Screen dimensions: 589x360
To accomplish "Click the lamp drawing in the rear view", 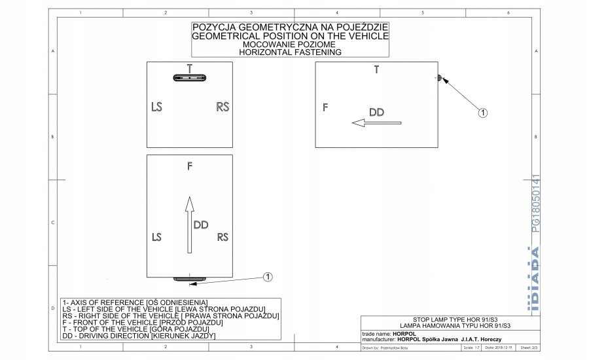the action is coord(190,77).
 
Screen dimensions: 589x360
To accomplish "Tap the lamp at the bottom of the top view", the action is coord(190,279).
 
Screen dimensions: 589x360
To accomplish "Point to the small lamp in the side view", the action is coord(439,79).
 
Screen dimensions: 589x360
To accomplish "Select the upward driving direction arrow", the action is coord(189,225).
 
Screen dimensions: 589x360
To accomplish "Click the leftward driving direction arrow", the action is coord(376,122).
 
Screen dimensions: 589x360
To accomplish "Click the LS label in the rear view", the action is coord(156,106).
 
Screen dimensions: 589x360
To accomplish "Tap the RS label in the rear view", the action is coord(223,106).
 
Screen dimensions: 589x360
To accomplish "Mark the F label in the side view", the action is coord(325,107).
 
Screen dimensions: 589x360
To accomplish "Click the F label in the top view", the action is coord(189,166).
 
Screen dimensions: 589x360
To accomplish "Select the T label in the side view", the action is coord(376,70).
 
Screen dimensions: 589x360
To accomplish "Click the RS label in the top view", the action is coord(223,236).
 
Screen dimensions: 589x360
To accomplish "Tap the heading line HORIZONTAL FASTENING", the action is coord(290,52).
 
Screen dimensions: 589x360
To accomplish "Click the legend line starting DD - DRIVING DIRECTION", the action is coord(138,336).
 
